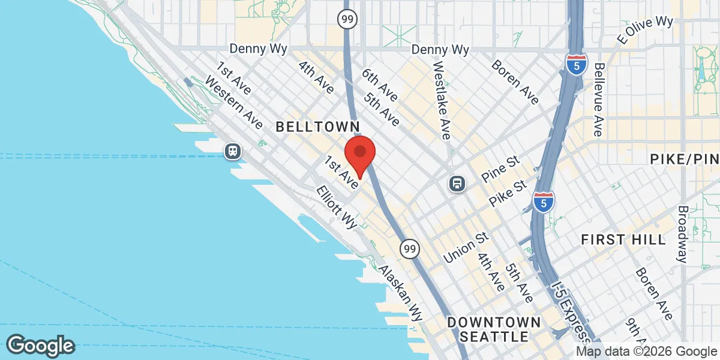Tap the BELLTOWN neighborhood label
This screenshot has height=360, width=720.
[x=317, y=127]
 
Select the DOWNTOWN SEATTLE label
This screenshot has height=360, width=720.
[x=494, y=329]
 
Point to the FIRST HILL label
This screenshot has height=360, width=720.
[x=623, y=239]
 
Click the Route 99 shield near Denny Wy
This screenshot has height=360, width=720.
[x=347, y=19]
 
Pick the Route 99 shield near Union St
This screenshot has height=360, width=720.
[x=409, y=247]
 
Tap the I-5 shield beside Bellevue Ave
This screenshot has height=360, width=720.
[x=575, y=64]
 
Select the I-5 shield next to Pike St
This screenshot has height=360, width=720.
[x=544, y=202]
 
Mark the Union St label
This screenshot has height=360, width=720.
[x=464, y=247]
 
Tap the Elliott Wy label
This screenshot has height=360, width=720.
[x=337, y=206]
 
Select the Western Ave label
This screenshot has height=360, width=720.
[x=233, y=102]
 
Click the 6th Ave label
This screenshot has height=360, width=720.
[x=379, y=85]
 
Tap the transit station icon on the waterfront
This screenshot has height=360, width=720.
[x=233, y=151]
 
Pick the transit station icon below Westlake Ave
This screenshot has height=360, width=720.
[x=457, y=184]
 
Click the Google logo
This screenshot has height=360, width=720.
[x=40, y=346]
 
